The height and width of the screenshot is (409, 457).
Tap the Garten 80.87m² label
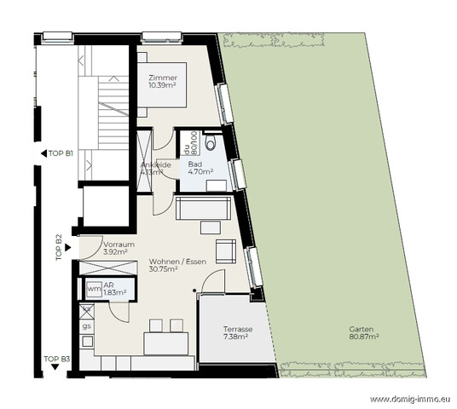tap(363, 333)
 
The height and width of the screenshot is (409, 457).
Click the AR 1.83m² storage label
tap(114, 289)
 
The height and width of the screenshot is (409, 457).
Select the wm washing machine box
tap(93, 290)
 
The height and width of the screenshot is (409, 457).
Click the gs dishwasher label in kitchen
tap(86, 325)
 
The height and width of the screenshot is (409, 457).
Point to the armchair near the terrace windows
tap(226, 251)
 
